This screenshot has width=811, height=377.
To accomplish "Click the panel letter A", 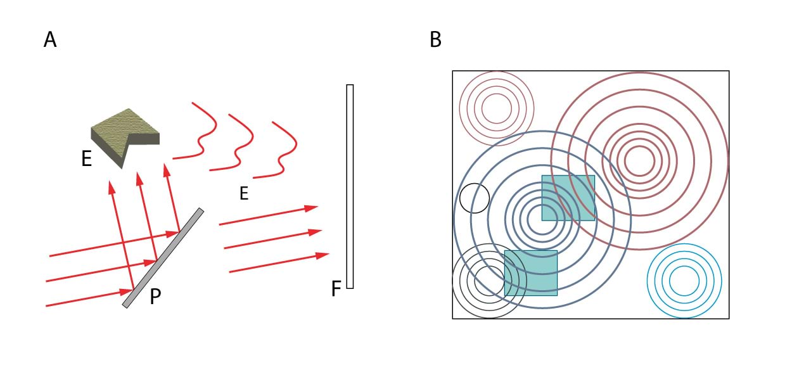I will [x=50, y=40].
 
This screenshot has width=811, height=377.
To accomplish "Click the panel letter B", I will [x=435, y=40].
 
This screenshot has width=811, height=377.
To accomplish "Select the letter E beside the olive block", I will [x=87, y=159].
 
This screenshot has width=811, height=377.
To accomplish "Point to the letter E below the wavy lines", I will [x=244, y=194].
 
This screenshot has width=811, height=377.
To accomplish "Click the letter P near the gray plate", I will [x=156, y=297].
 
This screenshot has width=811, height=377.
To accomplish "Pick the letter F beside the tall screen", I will [x=336, y=290].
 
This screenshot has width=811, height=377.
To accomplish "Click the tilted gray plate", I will [x=163, y=258].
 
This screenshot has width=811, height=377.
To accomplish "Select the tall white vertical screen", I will [x=350, y=186].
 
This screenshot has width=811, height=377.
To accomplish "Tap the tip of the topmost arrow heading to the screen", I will [x=317, y=207].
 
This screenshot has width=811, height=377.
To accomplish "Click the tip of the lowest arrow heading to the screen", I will [x=329, y=254].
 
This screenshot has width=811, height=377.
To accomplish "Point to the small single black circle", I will [x=475, y=198].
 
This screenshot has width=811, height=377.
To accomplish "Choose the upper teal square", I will [x=568, y=198].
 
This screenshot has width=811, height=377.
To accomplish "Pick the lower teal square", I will [x=531, y=273].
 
